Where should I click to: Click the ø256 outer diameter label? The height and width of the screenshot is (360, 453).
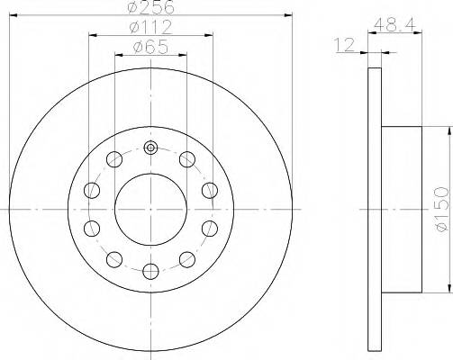[151, 7]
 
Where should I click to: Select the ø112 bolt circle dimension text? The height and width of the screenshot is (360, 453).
[151, 28]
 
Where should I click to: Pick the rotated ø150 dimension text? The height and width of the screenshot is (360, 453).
[440, 208]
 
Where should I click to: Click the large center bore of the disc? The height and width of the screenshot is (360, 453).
[151, 209]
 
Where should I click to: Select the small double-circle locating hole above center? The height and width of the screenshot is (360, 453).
[151, 148]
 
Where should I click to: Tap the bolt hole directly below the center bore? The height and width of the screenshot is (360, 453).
[151, 269]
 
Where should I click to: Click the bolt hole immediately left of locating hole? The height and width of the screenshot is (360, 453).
[114, 160]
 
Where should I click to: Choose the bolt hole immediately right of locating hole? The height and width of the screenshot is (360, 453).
[187, 160]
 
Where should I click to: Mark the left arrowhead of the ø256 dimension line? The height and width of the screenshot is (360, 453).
[14, 15]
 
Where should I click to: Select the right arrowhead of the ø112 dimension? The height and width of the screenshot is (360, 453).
[210, 36]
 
